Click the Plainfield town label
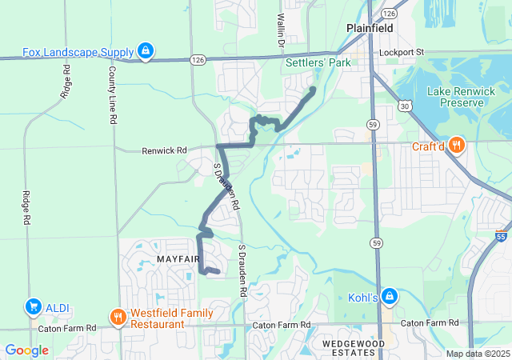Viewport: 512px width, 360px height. point(370,28)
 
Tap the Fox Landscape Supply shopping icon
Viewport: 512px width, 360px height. point(146,53)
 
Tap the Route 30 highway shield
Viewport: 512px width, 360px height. point(406,105)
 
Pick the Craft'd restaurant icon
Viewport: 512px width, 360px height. point(457,146)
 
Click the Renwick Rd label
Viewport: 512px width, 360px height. point(164,150)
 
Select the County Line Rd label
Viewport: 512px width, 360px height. point(113,94)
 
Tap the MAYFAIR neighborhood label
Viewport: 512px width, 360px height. point(178,259)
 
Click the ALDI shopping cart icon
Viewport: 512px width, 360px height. point(33,306)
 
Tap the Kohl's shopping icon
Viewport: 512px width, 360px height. point(389,297)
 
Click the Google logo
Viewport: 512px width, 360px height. point(26,350)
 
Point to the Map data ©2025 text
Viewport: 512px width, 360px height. point(477,354)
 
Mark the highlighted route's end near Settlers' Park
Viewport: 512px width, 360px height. point(313,89)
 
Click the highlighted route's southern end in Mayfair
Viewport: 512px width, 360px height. point(217,273)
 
